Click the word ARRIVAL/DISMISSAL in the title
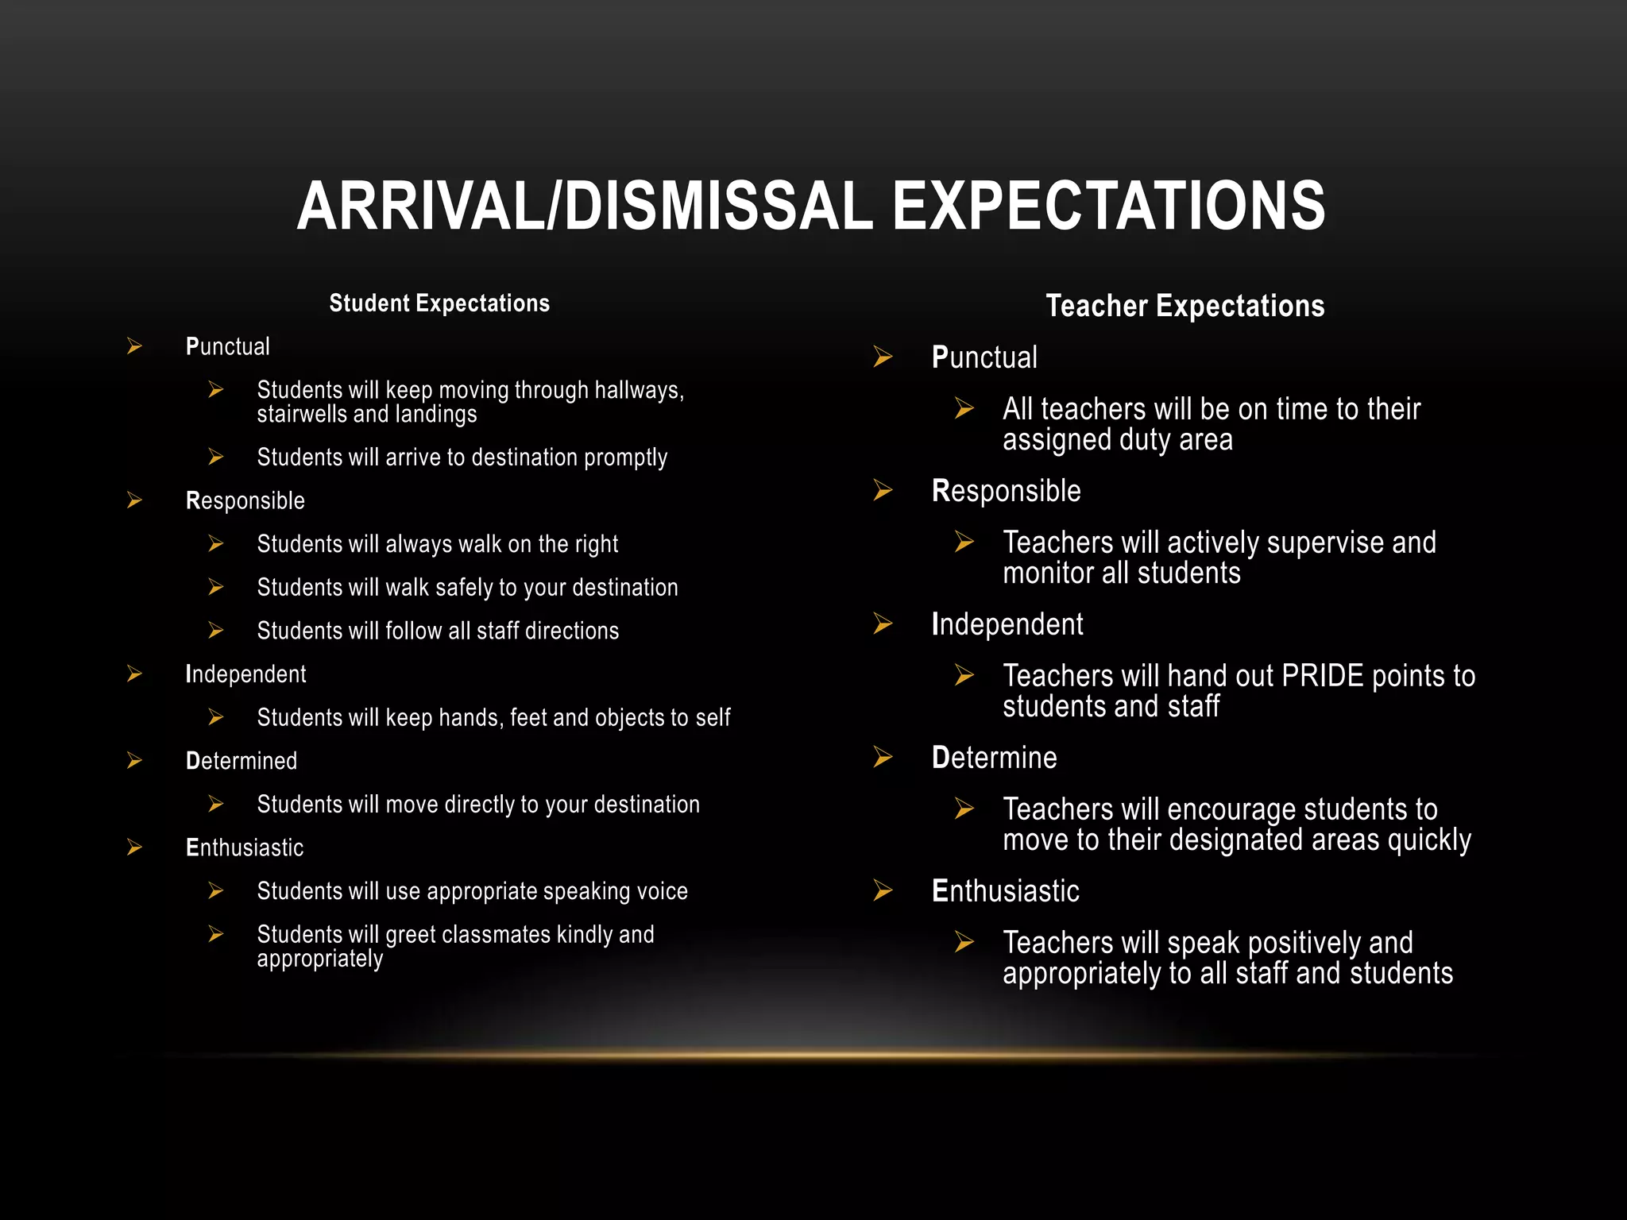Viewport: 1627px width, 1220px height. tap(585, 207)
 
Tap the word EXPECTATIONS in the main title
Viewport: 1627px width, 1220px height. tap(1108, 207)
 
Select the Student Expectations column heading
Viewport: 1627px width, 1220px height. tap(439, 303)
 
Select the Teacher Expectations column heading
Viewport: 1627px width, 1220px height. tap(1185, 306)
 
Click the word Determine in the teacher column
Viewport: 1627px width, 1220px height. tap(994, 758)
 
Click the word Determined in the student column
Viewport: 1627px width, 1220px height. tap(242, 761)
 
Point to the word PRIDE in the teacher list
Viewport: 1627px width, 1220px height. tap(1322, 676)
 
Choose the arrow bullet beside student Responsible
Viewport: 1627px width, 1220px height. tap(135, 500)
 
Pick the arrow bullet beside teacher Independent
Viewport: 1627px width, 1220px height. tap(883, 624)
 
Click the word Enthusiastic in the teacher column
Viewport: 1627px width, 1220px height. tap(1005, 891)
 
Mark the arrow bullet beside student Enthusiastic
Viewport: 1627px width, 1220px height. tap(135, 847)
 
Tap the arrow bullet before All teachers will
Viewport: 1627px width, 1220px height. tap(964, 409)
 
